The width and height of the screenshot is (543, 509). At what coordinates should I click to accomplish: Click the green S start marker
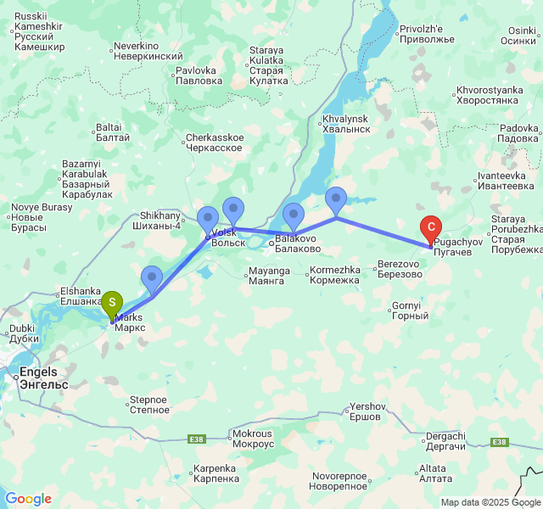[x=111, y=304]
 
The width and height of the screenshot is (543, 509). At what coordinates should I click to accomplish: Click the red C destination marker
[x=432, y=227]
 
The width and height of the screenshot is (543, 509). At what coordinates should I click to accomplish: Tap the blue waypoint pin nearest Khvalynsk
[x=336, y=200]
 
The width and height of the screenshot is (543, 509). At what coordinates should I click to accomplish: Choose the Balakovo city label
[x=297, y=244]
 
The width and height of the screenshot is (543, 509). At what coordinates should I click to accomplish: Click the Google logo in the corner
[x=28, y=499]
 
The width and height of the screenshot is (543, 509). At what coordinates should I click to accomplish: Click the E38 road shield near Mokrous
[x=197, y=439]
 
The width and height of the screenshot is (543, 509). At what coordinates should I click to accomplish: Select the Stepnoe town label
[x=148, y=404]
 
